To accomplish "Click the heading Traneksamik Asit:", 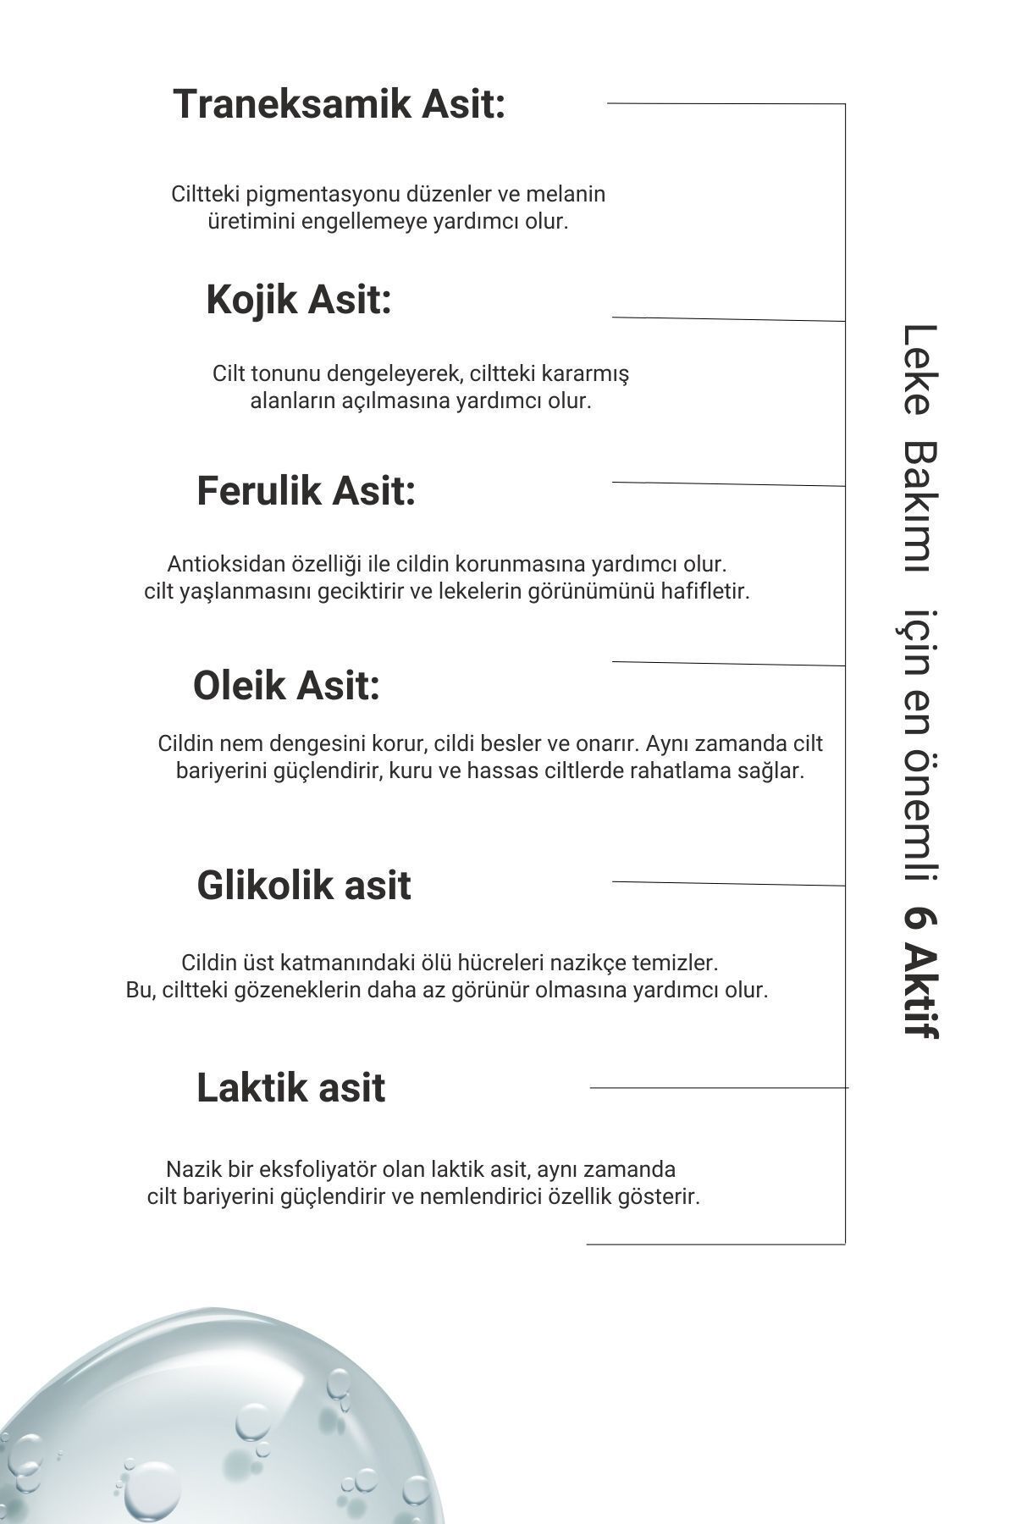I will click(x=339, y=105).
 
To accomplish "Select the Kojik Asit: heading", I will click(x=299, y=300).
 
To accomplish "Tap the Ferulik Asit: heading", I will click(x=306, y=491).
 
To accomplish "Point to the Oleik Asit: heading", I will click(x=286, y=685).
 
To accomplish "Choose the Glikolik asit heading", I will click(x=304, y=886).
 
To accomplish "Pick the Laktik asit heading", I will click(x=290, y=1088).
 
